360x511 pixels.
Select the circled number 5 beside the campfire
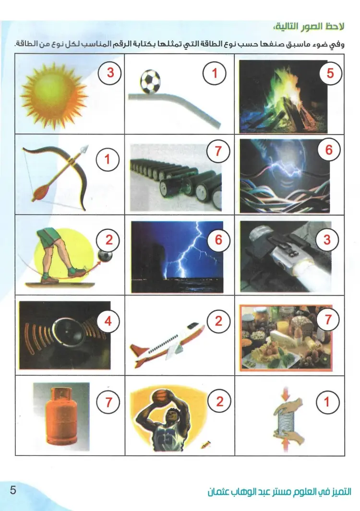pos(330,73)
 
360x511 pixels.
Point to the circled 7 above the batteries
pos(218,151)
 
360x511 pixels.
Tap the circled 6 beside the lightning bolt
pos(218,240)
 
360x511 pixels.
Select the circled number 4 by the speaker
pos(108,321)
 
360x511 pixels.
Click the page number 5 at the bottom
pos(12,490)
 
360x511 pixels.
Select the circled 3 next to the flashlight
pos(327,240)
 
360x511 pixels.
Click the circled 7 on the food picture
pos(328,320)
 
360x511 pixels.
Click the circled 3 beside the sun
pos(110,72)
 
